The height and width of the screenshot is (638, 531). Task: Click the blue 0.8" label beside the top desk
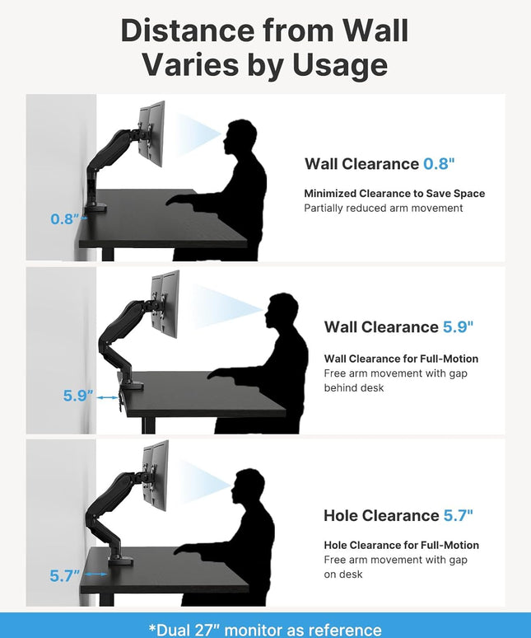click(64, 219)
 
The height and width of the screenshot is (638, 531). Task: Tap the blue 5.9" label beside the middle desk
click(78, 395)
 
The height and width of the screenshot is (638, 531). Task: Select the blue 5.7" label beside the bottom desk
click(64, 575)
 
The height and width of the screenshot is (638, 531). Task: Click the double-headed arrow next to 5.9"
click(107, 397)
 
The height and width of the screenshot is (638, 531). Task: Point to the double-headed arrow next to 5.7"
click(95, 575)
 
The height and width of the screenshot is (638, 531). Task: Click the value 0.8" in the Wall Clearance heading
click(439, 163)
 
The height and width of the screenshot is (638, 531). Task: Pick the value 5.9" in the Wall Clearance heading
click(458, 326)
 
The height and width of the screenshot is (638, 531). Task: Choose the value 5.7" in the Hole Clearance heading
click(458, 515)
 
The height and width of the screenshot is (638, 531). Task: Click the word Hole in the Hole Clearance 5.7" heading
click(341, 515)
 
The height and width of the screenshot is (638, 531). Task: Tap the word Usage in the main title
click(340, 65)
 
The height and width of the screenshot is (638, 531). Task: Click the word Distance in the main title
click(188, 30)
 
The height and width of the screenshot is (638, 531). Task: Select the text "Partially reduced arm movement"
click(384, 208)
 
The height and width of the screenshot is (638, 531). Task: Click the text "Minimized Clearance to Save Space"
click(394, 193)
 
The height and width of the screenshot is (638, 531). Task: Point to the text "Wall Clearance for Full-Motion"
click(401, 359)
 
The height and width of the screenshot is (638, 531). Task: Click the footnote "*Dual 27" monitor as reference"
click(265, 630)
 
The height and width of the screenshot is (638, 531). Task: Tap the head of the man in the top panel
click(240, 136)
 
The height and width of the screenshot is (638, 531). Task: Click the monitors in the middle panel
click(165, 303)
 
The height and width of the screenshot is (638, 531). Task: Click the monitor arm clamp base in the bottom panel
click(120, 559)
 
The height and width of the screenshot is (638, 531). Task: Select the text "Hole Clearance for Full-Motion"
click(402, 545)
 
